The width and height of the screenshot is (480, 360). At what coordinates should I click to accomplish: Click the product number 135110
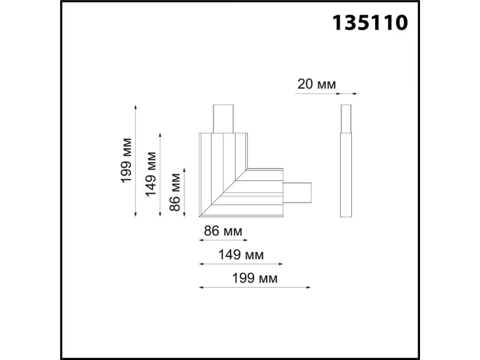click(x=370, y=22)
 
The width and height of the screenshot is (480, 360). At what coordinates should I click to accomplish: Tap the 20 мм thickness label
click(x=316, y=84)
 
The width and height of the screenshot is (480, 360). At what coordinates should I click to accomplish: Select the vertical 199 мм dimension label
click(x=126, y=160)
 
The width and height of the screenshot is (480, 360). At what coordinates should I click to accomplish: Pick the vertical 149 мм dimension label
click(x=151, y=174)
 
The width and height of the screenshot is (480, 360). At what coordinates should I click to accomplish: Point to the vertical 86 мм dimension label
click(x=175, y=192)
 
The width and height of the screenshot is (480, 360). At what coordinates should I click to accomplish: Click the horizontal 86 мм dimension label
click(x=223, y=231)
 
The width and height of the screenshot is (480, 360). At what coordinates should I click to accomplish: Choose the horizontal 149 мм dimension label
click(x=241, y=255)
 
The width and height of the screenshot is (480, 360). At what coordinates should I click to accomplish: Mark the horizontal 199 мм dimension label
click(x=255, y=278)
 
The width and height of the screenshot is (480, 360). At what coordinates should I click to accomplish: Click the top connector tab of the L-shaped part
click(x=223, y=119)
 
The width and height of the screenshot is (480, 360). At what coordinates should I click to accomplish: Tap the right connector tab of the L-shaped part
click(x=297, y=192)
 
